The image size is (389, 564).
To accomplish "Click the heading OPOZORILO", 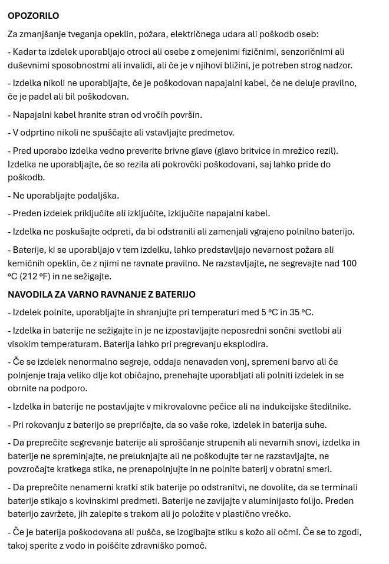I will click(x=34, y=16).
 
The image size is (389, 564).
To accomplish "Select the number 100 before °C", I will click(x=349, y=263).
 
